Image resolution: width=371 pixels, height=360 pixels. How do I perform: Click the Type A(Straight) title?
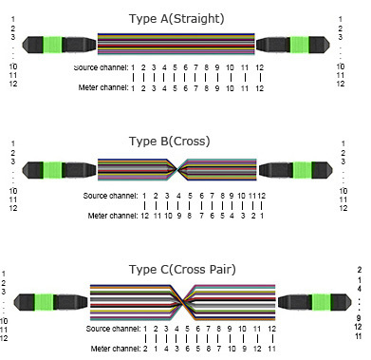(x=176, y=19)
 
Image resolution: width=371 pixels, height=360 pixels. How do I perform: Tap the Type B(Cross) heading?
(x=170, y=142)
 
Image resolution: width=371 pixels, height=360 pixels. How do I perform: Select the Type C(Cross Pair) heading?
(x=182, y=270)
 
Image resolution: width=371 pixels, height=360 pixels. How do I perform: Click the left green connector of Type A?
(x=52, y=45)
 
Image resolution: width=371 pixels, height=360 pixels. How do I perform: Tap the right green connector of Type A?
(x=300, y=45)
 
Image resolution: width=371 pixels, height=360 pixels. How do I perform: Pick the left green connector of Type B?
(x=52, y=170)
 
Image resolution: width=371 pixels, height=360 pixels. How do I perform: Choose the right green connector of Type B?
(x=303, y=170)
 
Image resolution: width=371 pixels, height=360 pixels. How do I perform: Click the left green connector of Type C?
(x=44, y=302)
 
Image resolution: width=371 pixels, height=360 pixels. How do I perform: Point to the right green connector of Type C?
(x=322, y=302)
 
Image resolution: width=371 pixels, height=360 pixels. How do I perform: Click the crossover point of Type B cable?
(x=177, y=170)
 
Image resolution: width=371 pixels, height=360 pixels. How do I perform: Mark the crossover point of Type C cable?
(x=183, y=303)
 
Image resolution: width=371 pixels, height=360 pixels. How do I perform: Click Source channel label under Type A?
(x=101, y=67)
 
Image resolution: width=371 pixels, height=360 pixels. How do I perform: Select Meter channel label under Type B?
(x=113, y=216)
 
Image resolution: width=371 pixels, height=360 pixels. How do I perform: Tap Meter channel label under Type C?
(x=115, y=349)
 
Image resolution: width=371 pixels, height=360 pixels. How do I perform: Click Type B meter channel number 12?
(x=144, y=216)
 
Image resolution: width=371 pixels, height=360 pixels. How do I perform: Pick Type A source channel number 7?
(x=195, y=67)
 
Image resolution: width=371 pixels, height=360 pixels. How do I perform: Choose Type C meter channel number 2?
(x=145, y=349)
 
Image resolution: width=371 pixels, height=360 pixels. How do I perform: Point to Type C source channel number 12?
(x=271, y=329)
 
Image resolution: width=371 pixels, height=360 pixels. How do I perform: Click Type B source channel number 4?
(x=178, y=196)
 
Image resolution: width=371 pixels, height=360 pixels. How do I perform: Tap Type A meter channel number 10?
(x=230, y=88)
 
